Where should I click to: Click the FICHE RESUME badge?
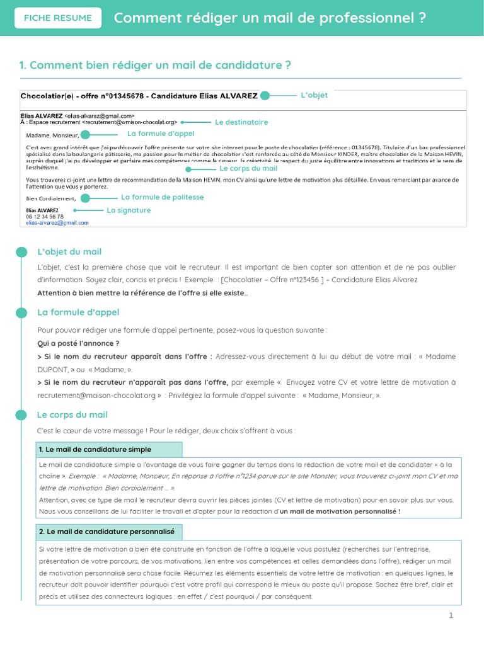[57, 18]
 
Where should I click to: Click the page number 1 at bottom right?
[451, 615]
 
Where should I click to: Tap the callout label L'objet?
[314, 95]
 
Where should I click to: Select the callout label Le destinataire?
[241, 122]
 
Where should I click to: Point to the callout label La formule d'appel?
[161, 134]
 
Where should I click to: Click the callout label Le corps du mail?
[248, 169]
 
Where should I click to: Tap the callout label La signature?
[129, 210]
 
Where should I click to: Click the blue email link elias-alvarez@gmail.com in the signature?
[57, 222]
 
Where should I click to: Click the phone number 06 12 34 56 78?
[45, 216]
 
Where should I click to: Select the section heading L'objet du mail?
[69, 252]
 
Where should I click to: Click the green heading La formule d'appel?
[78, 312]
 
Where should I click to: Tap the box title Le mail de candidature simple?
[95, 450]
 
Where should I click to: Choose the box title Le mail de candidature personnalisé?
[106, 532]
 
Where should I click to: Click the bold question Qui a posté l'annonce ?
[79, 343]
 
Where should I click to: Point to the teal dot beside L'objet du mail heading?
[22, 253]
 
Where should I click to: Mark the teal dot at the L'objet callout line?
[265, 96]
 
